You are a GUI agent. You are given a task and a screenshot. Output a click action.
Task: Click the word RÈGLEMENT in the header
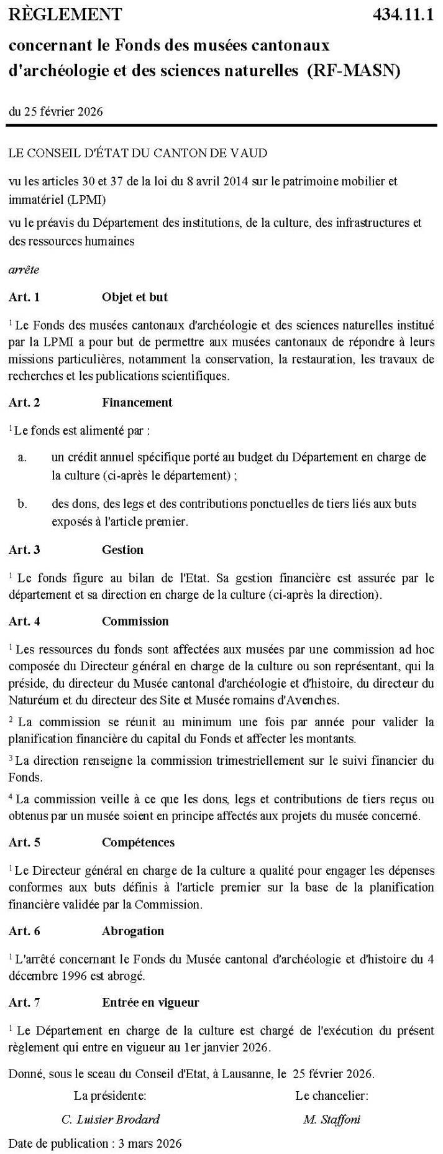tap(65, 14)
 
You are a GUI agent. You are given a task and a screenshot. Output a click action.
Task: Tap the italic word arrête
tap(24, 270)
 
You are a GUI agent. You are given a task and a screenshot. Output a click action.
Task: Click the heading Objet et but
tap(134, 297)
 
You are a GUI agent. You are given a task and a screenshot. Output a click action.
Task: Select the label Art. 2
tap(24, 402)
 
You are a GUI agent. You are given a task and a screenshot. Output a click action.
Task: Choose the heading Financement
tap(137, 402)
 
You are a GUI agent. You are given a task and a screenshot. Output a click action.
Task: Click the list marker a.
tap(22, 457)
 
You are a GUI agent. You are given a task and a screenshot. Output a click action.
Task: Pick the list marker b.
tap(22, 504)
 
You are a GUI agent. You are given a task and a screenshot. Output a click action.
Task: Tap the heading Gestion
tap(122, 550)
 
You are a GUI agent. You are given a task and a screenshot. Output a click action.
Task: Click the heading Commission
tap(135, 621)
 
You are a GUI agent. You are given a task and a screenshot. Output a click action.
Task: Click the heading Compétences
tap(138, 842)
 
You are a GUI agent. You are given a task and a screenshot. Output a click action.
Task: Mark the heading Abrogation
tap(133, 931)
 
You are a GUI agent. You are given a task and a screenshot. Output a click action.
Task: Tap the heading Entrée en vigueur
tap(150, 1002)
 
